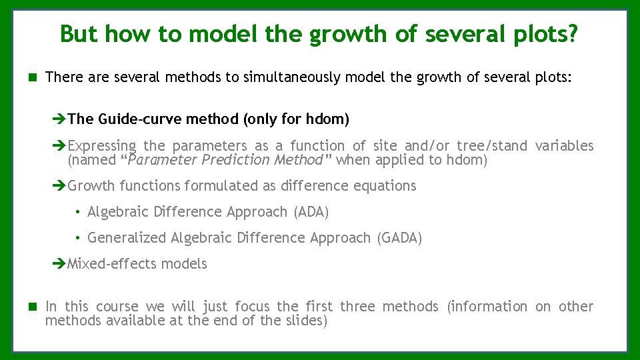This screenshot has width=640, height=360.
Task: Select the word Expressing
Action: click(101, 146)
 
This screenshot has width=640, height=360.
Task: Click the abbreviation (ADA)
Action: click(311, 212)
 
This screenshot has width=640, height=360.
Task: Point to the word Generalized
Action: click(127, 238)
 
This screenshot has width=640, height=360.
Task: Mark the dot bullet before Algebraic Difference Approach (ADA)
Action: click(78, 212)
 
